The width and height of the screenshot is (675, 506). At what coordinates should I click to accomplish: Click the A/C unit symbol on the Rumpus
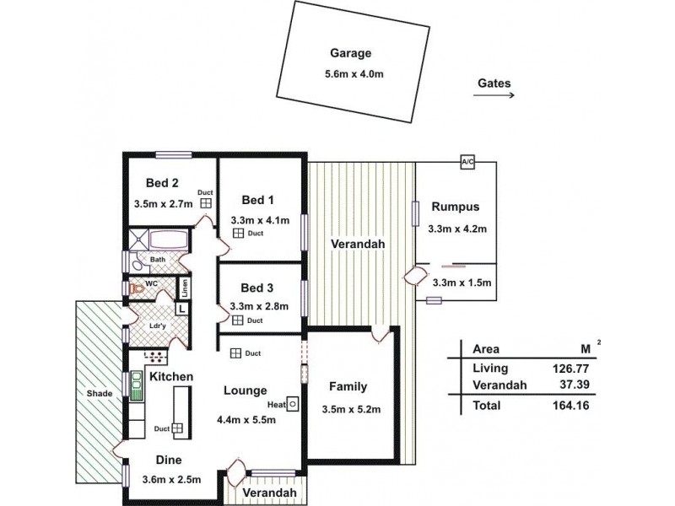[467, 162]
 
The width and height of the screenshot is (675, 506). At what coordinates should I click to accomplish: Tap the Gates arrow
[494, 94]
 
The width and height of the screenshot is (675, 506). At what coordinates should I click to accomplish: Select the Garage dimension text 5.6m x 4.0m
[354, 74]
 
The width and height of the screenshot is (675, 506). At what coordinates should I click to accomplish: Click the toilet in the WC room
[136, 288]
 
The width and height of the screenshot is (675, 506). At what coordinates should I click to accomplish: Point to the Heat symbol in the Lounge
[293, 405]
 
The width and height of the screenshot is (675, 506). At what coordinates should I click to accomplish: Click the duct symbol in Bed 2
[206, 203]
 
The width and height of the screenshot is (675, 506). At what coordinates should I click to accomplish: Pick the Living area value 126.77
[571, 369]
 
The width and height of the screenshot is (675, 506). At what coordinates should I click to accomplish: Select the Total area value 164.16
[571, 406]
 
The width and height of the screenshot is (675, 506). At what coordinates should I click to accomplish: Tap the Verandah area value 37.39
[575, 385]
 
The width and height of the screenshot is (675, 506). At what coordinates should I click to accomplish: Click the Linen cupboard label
[185, 288]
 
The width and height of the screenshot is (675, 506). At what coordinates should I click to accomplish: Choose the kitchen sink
[137, 386]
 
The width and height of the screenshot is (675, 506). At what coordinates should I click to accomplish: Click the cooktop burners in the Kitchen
[155, 357]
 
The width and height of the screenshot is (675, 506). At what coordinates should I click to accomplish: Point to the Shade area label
[100, 393]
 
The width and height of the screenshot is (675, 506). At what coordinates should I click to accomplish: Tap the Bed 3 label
[257, 288]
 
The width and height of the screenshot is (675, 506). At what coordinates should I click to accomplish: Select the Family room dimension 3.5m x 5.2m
[351, 409]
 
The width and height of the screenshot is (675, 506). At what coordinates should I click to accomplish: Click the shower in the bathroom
[139, 240]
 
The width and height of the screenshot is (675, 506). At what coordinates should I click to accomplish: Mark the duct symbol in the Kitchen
[177, 428]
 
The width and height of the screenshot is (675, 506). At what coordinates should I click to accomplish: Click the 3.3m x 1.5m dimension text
[462, 283]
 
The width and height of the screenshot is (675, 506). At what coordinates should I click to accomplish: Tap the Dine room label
[169, 460]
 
